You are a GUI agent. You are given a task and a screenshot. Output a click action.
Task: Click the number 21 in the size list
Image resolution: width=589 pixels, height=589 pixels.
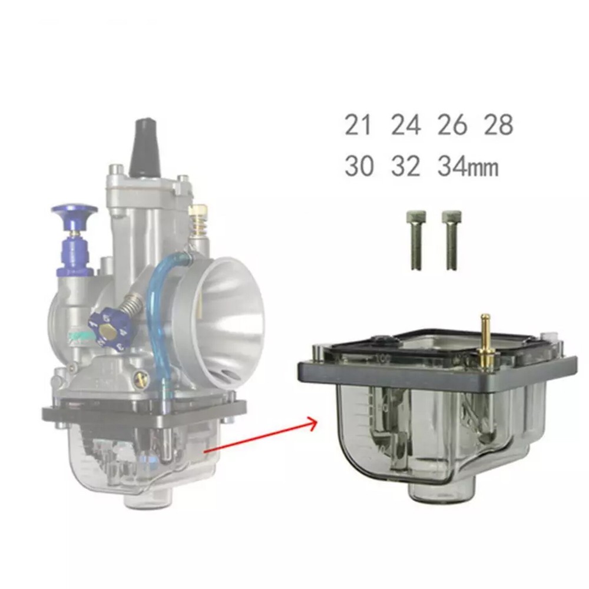[x=358, y=125]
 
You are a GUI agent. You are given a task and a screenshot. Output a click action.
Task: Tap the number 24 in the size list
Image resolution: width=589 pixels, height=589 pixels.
[x=406, y=125]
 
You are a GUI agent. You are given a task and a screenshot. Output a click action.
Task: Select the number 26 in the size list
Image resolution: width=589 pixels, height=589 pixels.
[x=452, y=125]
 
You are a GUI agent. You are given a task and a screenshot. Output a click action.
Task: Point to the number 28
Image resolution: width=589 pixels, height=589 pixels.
[x=498, y=125]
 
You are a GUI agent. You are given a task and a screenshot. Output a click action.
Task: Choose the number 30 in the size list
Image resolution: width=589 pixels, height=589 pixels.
[x=359, y=166]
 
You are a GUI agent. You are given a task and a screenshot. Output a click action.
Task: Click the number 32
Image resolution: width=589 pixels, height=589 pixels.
[x=406, y=166]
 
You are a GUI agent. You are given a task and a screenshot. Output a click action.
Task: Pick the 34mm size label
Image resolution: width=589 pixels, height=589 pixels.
[x=468, y=166]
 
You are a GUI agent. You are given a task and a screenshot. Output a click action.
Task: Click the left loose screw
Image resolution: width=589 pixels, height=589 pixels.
[x=416, y=240]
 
